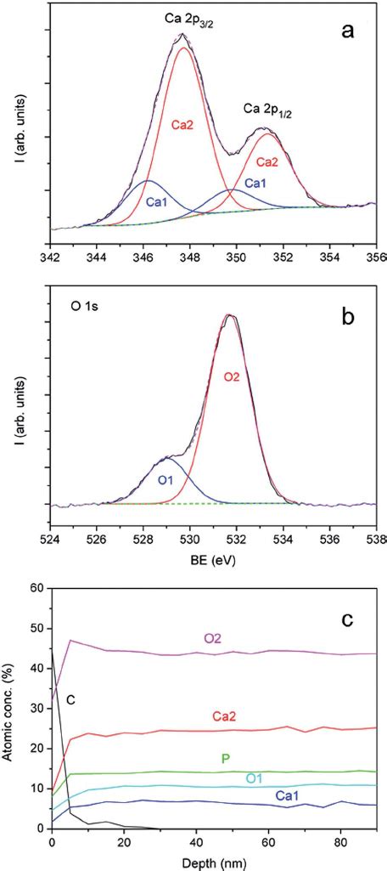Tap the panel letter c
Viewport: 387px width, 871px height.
tap(347, 620)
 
